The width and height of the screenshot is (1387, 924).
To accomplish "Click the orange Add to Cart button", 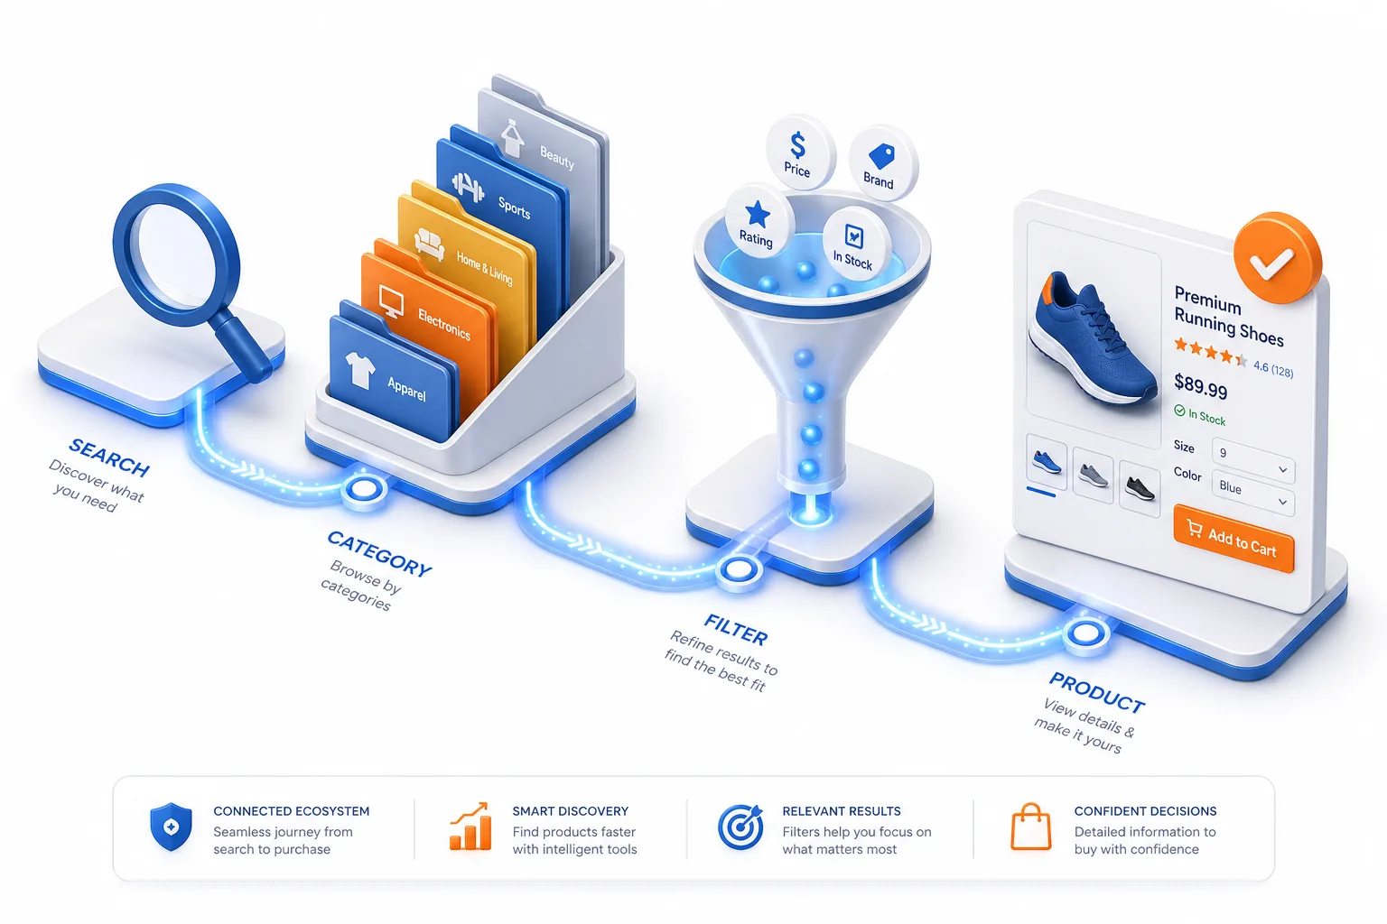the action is [x=1233, y=539].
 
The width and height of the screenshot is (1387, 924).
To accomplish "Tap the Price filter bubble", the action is [x=799, y=152].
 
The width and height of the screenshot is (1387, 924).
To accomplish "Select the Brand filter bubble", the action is [x=881, y=163].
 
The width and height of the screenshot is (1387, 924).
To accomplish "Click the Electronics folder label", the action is [x=444, y=325].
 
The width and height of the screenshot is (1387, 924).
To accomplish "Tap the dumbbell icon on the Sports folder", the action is [x=468, y=187].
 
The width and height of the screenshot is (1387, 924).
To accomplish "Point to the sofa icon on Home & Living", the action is [x=429, y=244].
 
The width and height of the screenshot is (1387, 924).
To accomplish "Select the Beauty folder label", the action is [x=556, y=157].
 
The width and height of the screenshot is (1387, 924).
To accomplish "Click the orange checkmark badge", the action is [x=1277, y=258].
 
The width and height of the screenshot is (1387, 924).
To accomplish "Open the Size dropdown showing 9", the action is [x=1252, y=462].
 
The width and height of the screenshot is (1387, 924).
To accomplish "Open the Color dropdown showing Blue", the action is [x=1252, y=494].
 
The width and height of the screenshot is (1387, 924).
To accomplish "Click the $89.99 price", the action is [x=1201, y=386].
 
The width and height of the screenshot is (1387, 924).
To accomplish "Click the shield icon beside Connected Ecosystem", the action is [x=171, y=827].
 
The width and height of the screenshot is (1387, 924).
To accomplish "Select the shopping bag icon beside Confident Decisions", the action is [x=1031, y=827].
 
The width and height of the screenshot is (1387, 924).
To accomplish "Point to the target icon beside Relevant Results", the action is [x=740, y=827].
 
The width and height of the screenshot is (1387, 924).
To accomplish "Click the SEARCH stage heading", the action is [x=109, y=457].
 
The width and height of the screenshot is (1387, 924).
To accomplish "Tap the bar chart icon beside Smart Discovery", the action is [x=470, y=827].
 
